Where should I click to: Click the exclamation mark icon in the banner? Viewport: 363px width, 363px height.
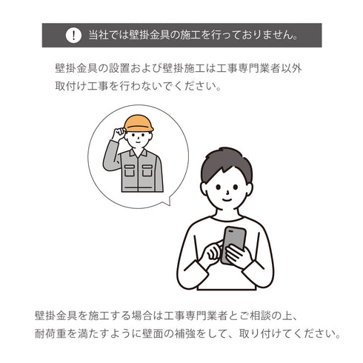tap(73, 36)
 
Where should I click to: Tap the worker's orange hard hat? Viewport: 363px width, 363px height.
tap(139, 123)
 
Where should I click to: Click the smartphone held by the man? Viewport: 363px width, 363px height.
tap(233, 244)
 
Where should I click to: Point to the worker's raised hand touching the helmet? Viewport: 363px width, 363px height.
tap(119, 133)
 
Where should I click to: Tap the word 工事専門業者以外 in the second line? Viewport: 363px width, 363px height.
tap(259, 68)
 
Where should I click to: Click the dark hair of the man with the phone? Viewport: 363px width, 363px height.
tap(226, 161)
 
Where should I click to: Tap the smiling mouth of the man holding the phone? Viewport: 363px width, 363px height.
tap(227, 199)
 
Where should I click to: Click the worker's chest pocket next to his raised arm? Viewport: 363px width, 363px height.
tap(130, 170)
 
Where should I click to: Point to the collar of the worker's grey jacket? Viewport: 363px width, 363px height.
tap(139, 153)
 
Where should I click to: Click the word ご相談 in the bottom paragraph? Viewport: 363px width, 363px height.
tap(257, 316)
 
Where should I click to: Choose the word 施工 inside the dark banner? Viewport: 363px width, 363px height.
tap(190, 35)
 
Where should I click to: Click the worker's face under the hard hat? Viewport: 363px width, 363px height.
tap(139, 139)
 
